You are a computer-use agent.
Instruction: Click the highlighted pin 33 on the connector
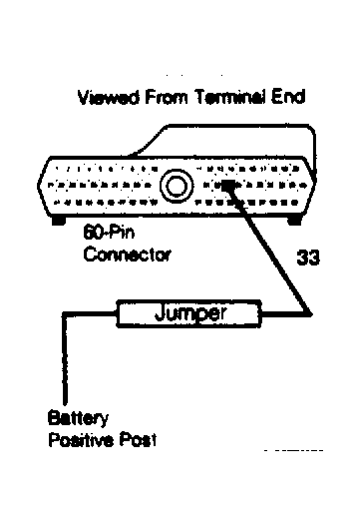[x=230, y=185]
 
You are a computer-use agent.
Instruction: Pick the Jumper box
[x=189, y=314]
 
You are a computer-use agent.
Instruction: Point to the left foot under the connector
[x=58, y=220]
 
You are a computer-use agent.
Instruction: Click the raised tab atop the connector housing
[x=239, y=135]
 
